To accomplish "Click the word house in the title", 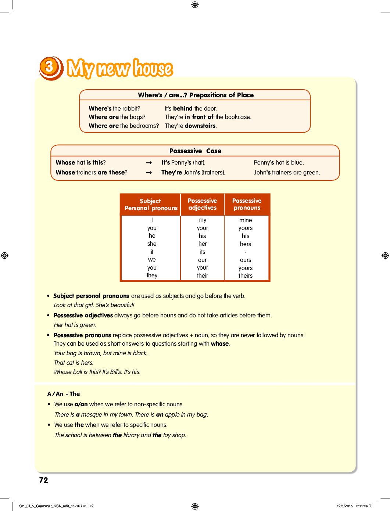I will [153, 69].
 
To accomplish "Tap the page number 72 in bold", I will [43, 480].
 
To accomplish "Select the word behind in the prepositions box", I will [183, 108].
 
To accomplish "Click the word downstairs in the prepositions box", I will [200, 126].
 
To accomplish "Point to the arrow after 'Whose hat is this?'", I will [149, 163].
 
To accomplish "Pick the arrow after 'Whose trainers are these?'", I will [149, 173].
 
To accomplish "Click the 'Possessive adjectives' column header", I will [202, 204].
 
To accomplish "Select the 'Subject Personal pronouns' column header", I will [151, 205].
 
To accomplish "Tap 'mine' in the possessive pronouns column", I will [246, 220].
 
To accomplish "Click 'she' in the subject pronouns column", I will [152, 244].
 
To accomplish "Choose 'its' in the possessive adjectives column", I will [202, 252].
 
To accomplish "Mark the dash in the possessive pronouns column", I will [246, 252].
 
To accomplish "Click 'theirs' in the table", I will [246, 276].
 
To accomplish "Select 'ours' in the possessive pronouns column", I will [246, 260].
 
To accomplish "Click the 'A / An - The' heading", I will [64, 394].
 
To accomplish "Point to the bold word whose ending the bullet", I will [220, 343].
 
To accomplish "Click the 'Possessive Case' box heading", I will [195, 151].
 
